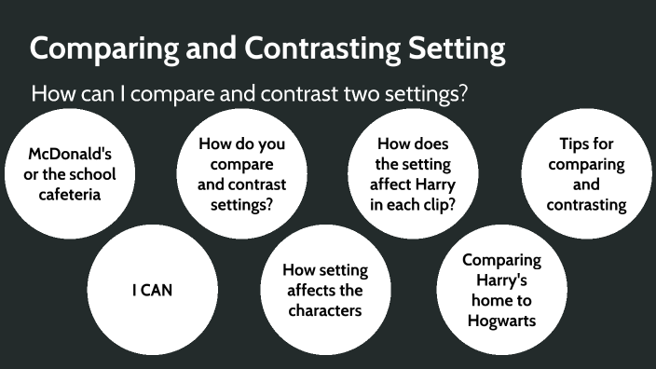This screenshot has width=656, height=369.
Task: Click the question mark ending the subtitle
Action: (462, 94)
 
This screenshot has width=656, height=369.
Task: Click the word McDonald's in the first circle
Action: (63, 154)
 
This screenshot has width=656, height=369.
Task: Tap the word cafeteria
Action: (63, 195)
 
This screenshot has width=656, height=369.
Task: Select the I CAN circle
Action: (151, 291)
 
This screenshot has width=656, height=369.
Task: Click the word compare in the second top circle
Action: (242, 165)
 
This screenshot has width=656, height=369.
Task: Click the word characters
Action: (325, 310)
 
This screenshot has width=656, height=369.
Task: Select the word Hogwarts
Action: (502, 321)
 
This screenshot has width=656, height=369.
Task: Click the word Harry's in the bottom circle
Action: (502, 280)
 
